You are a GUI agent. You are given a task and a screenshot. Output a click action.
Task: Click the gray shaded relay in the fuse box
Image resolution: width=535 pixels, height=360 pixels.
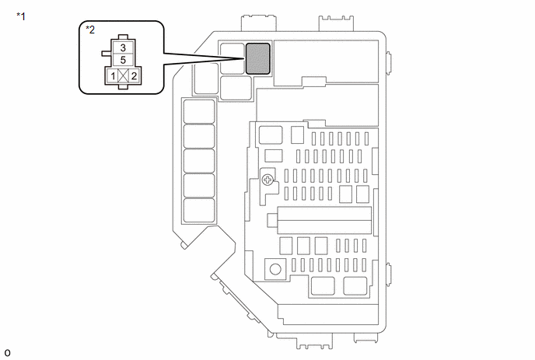coord(258,58)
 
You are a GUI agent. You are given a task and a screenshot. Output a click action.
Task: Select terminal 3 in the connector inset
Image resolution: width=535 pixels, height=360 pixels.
coord(123,47)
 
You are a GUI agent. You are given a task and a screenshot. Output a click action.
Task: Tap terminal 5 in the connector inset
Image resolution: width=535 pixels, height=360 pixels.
coord(123,60)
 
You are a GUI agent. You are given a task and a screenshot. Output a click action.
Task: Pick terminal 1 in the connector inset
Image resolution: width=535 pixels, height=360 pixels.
coord(113,75)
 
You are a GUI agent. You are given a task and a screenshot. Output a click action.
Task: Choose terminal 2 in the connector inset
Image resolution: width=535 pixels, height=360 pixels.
coord(134,75)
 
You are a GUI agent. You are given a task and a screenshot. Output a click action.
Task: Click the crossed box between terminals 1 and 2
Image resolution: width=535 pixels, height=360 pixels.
coord(123,75)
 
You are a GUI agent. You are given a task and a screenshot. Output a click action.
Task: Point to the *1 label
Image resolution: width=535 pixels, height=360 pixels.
coord(21,16)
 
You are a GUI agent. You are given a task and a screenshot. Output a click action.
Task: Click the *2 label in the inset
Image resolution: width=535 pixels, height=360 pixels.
coord(90,30)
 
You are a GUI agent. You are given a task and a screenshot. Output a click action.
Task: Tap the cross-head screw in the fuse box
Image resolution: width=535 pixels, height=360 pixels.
coord(267,180)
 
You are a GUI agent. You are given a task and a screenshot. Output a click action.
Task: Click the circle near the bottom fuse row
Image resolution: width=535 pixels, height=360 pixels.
coord(275,269)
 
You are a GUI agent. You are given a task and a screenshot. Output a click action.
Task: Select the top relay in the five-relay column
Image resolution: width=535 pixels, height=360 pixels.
coord(199,112)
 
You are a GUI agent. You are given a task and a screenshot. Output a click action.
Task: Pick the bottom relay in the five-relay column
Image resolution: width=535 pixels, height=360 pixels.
coord(199,211)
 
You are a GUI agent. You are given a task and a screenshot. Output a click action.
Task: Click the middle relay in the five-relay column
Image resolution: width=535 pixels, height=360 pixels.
coord(199,161)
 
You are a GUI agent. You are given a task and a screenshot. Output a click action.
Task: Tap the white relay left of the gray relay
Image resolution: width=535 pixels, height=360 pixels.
coord(233,58)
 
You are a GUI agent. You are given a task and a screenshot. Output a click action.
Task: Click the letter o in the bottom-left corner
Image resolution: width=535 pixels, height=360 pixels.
coord(7,353)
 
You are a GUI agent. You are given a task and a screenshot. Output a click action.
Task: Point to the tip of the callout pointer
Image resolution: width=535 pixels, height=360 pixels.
coord(245,58)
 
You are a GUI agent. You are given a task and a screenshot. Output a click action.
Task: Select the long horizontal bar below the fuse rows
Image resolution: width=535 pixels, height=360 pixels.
coord(324,220)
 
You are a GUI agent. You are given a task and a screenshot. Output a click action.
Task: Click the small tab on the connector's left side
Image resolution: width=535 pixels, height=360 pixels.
coord(107,53)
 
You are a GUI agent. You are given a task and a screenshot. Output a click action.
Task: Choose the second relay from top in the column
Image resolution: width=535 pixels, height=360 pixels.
coord(199,136)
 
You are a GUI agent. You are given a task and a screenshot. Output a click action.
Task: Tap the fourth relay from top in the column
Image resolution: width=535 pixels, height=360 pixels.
coord(199,186)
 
